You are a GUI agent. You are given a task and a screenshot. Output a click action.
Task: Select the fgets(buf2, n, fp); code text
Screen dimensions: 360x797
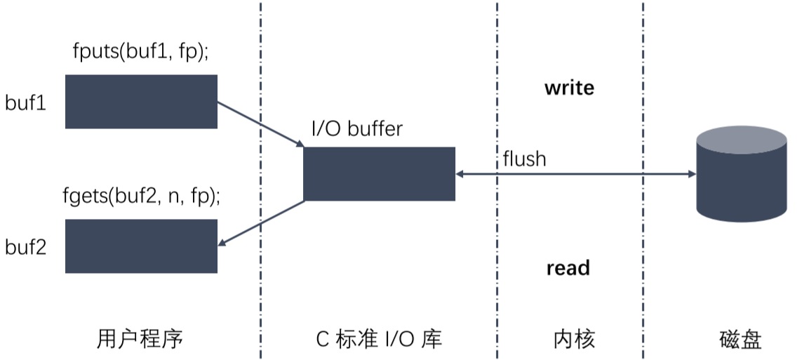click(141, 197)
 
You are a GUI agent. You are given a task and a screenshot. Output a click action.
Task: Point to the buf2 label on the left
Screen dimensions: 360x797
click(26, 247)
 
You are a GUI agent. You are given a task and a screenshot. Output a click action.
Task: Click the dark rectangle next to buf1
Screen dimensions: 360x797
click(141, 102)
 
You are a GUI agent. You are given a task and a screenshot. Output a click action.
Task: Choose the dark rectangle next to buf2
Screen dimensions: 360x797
click(141, 246)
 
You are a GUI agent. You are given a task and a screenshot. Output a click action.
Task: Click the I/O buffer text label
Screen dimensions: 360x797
click(357, 129)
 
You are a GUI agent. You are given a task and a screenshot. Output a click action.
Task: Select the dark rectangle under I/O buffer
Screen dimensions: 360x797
click(379, 174)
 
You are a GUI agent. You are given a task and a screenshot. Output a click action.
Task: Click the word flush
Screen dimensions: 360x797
click(524, 159)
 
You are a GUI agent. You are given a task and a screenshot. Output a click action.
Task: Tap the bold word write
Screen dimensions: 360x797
click(569, 88)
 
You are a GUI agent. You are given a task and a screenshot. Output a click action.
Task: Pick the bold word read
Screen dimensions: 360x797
click(568, 268)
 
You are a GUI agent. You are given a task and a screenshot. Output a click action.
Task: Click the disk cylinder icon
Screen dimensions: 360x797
click(741, 175)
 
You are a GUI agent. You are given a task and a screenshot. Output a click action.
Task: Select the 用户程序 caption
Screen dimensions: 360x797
click(140, 340)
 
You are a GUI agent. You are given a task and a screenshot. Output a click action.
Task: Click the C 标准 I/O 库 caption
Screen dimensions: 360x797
click(380, 340)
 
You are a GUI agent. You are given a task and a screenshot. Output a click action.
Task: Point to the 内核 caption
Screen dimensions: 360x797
click(574, 340)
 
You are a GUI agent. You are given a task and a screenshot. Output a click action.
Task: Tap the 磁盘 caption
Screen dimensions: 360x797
click(741, 340)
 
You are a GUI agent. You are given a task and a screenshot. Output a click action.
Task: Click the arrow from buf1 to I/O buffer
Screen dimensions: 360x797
click(260, 125)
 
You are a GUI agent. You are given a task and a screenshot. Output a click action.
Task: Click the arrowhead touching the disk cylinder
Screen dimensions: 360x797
click(690, 173)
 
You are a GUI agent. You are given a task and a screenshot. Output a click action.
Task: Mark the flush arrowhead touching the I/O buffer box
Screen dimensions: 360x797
click(460, 173)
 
